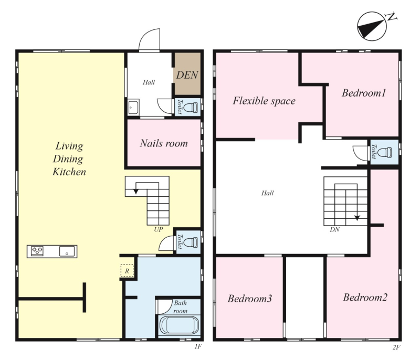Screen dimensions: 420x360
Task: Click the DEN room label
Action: point(187,75)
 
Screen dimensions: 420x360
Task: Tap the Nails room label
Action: point(164,143)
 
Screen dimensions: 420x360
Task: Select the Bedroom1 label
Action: point(364,93)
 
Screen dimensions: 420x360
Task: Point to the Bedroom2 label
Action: point(365,298)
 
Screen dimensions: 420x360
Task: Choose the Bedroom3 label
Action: point(250,299)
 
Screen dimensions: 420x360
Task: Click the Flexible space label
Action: point(264,101)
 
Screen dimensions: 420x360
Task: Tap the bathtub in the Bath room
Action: point(179,325)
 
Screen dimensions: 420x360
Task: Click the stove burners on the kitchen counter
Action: point(37,251)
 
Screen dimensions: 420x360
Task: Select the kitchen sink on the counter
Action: point(67,251)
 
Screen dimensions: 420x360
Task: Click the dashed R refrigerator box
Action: point(127,271)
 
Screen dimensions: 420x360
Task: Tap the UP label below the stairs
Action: point(159,230)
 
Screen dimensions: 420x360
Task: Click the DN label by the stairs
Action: point(334,229)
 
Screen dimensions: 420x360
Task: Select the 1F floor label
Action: point(198,347)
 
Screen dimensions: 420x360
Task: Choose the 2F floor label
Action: point(396,347)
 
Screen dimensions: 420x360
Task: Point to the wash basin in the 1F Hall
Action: point(133,108)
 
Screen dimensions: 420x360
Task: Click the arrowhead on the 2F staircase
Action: point(357,218)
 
